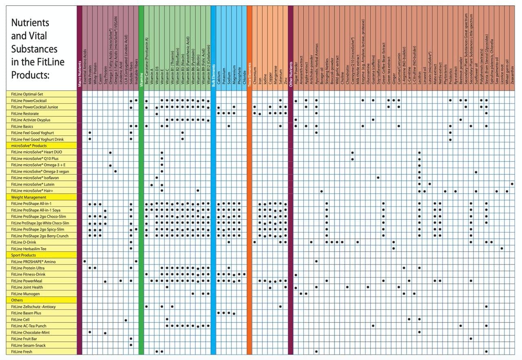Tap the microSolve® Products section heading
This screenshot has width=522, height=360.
[x=29, y=146]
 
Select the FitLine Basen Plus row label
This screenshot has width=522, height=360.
[x=26, y=313]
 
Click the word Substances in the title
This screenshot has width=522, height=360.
[x=34, y=49]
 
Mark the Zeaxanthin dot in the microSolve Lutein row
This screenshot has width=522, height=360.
[x=512, y=184]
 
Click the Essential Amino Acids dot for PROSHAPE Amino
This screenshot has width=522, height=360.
[x=84, y=261]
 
